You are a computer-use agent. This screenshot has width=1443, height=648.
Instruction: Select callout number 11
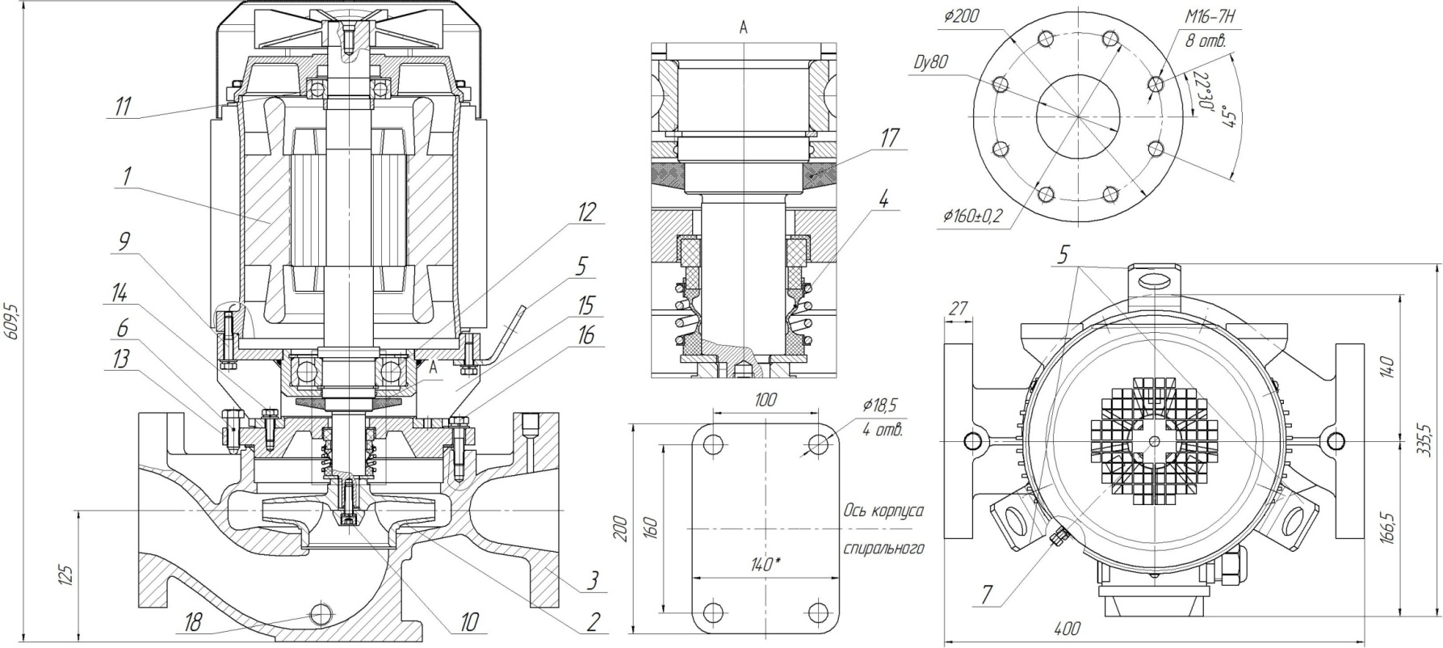coord(122,107)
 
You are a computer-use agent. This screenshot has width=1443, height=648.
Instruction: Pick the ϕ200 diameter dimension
coord(961,15)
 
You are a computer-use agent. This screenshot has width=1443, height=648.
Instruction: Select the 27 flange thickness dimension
coord(958,307)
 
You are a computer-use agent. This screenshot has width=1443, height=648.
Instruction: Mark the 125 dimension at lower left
coord(68,574)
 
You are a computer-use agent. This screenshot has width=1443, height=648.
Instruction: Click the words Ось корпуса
coord(883,511)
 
